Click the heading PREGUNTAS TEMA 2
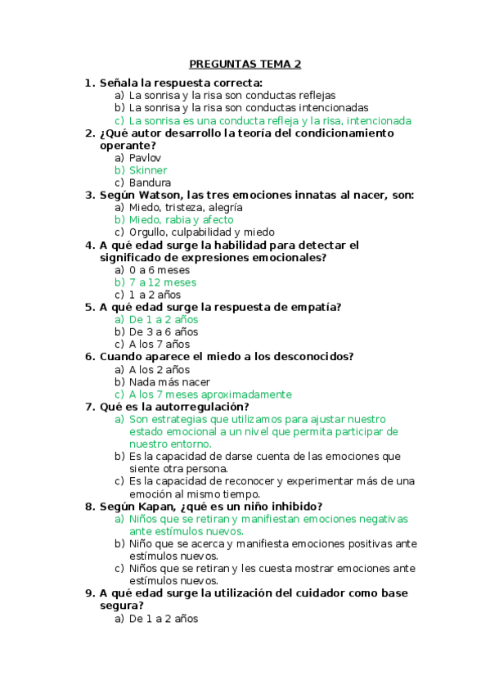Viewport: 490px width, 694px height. (245, 64)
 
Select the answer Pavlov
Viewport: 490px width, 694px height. (145, 158)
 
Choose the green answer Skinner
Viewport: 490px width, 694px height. (148, 170)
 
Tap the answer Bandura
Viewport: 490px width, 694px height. (150, 183)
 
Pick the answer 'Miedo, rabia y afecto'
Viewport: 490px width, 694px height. (181, 219)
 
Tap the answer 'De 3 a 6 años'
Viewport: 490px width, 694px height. (163, 332)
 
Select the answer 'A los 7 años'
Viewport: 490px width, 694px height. (159, 345)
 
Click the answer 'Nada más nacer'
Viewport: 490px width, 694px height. (169, 382)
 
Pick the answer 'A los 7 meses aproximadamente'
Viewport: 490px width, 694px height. (209, 394)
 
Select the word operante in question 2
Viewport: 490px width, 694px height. (126, 146)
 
